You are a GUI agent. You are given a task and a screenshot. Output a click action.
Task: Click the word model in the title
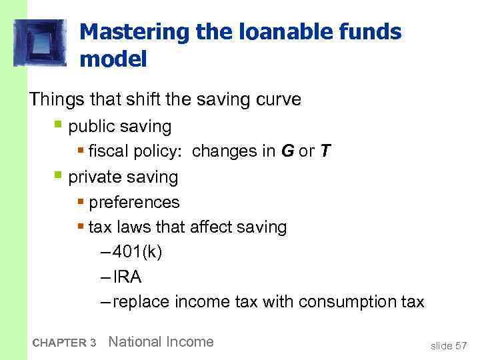tap(112, 59)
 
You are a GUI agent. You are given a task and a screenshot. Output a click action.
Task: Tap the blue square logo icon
tap(40, 42)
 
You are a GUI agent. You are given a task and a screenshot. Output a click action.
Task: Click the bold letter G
tap(287, 151)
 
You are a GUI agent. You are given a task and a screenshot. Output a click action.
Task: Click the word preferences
tap(134, 202)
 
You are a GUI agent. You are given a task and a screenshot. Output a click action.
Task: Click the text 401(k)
tap(137, 252)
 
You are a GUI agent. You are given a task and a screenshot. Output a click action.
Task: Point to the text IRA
tap(127, 277)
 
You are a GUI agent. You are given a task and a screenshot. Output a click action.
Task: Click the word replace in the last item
tap(141, 302)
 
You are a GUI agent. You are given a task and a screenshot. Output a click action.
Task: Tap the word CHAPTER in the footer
tap(59, 343)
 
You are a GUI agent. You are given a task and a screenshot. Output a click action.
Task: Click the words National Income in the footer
tap(161, 342)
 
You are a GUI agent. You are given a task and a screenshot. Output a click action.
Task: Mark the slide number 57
tap(461, 345)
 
